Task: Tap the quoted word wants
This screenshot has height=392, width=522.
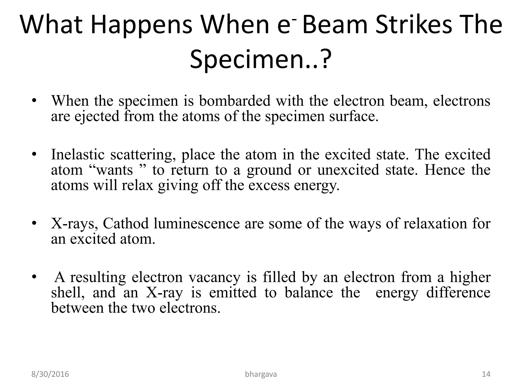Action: point(113,170)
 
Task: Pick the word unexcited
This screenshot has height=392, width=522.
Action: point(348,170)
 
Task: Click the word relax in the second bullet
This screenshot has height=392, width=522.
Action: point(138,185)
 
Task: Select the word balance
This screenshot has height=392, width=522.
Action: point(309,292)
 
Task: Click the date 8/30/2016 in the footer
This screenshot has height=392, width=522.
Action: point(50,374)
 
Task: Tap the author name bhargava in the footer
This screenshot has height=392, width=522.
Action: point(261,374)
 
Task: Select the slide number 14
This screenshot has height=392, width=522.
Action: point(486,374)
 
